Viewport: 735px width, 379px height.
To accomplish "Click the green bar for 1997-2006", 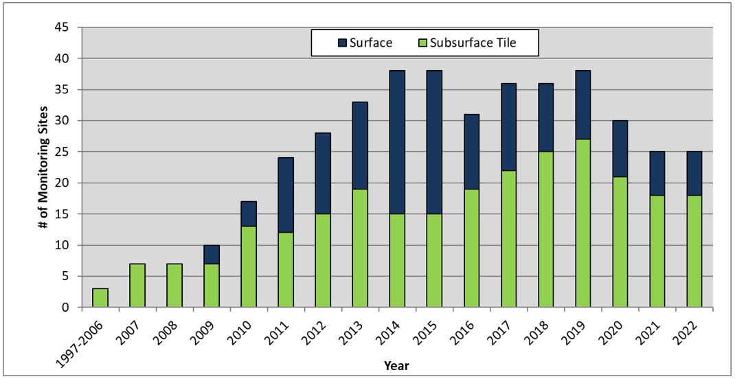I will point(100,298).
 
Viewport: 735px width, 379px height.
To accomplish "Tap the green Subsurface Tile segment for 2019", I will point(583,223).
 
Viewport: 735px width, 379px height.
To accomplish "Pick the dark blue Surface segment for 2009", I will point(212,254).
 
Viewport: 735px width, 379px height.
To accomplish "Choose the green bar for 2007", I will point(137,286).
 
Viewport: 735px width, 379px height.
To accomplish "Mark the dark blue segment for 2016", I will point(471,152).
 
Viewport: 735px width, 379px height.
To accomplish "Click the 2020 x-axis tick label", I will point(614,330).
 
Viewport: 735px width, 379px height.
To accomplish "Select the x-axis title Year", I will point(397,366).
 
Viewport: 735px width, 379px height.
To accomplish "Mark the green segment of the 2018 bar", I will point(545,229).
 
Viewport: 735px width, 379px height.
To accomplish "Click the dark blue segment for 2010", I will point(249,214).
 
